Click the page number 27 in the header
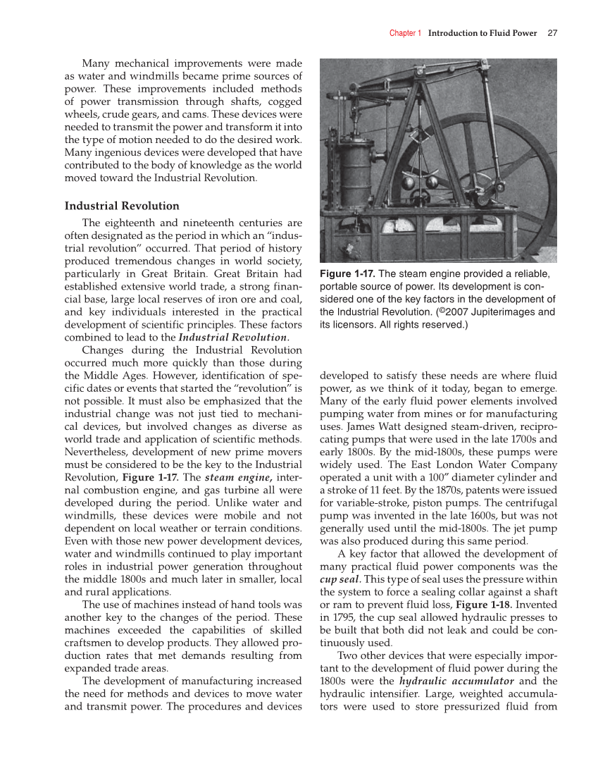552,33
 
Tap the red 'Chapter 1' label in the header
405,33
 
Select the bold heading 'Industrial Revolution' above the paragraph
122,206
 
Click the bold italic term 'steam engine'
232,478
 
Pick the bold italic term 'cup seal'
340,579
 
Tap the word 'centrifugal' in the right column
528,503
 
